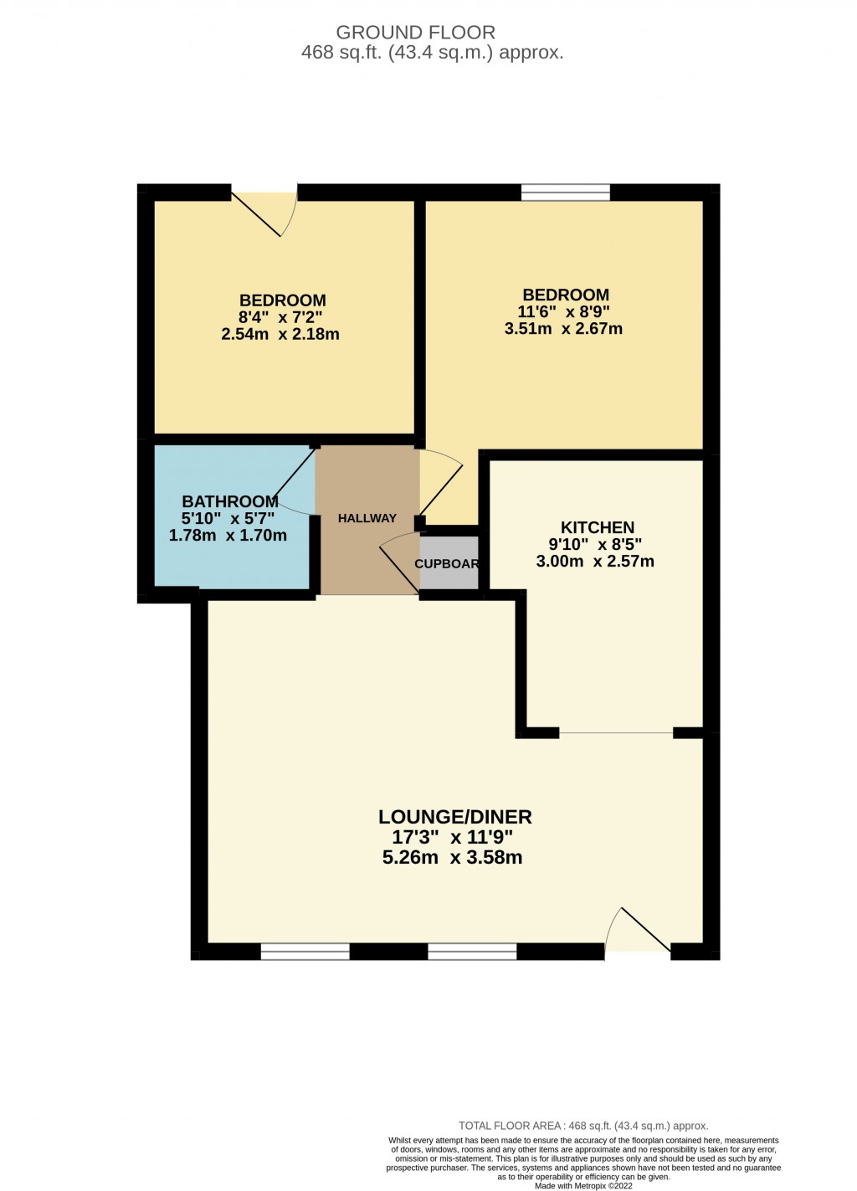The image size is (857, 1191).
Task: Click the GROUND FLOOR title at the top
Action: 415,33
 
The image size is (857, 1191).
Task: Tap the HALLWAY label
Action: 367,518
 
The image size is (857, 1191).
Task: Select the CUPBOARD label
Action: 447,563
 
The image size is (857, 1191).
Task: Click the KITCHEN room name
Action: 597,527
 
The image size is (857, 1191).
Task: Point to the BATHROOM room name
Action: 229,501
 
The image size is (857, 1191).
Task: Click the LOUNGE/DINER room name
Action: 454,817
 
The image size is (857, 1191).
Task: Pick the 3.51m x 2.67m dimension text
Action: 563,329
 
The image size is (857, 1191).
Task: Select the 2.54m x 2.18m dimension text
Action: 280,334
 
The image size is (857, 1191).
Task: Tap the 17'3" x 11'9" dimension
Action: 452,837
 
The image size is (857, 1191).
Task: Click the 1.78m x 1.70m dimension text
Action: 228,536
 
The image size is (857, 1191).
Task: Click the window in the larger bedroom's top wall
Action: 566,192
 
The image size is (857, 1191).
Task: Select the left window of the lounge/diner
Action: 305,951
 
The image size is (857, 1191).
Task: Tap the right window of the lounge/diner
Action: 472,951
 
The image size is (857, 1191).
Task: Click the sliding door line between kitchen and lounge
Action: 616,733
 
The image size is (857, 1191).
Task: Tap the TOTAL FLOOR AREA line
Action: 583,1126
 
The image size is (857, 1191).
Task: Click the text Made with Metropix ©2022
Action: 584,1185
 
